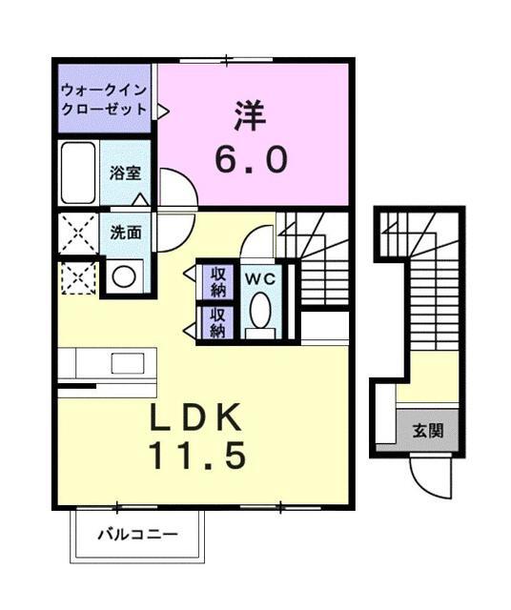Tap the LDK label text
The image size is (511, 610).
[x=198, y=418]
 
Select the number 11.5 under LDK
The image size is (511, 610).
[x=197, y=456]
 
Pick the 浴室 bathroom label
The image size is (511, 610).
[x=125, y=173]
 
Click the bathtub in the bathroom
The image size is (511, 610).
[x=76, y=173]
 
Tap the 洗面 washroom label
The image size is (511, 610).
[x=125, y=232]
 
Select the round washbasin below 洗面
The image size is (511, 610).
[x=122, y=276]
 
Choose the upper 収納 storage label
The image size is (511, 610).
[x=217, y=280]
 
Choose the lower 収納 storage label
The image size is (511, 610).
[x=217, y=322]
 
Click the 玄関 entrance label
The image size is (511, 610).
[x=427, y=431]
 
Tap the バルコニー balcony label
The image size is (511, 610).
[x=137, y=535]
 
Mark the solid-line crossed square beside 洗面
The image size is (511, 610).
[x=77, y=234]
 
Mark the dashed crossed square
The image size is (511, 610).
[x=77, y=277]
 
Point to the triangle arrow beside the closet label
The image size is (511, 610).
[x=162, y=111]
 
